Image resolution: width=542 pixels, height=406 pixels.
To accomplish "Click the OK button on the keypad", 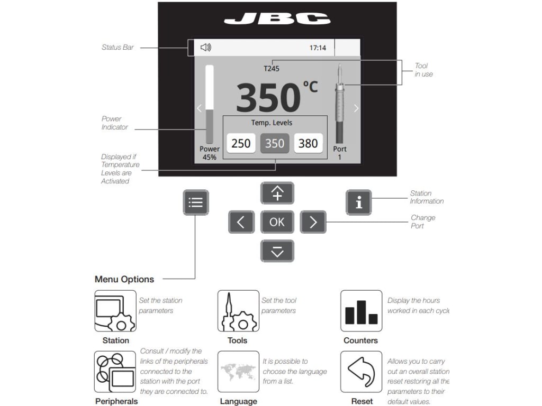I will click(277, 222).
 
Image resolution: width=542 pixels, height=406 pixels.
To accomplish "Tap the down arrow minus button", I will click(277, 251).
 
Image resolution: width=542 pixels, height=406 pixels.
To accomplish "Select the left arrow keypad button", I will click(241, 222).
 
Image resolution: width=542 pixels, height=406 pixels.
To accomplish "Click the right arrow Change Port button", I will click(313, 222).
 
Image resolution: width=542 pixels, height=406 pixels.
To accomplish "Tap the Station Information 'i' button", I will click(359, 202).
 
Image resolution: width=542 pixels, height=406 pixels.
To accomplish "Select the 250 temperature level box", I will click(241, 143).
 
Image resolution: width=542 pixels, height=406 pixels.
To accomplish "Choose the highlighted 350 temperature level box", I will click(275, 143).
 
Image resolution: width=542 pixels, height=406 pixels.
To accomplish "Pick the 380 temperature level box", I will click(308, 143).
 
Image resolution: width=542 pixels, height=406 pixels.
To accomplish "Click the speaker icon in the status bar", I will click(206, 48).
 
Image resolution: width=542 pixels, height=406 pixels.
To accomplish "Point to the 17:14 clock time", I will click(318, 48).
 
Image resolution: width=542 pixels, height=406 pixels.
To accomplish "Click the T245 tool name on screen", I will click(272, 68).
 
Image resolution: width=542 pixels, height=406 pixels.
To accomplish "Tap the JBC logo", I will click(277, 20).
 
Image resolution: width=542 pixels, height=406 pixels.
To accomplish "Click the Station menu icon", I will click(115, 311).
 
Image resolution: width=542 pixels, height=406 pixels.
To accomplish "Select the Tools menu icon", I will click(238, 311).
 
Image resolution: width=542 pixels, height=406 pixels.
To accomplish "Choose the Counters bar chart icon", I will click(361, 311).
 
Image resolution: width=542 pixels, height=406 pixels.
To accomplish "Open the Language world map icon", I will click(238, 372).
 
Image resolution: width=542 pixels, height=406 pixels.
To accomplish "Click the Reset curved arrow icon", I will click(361, 372).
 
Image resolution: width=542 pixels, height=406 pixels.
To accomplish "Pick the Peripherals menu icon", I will click(115, 372).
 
